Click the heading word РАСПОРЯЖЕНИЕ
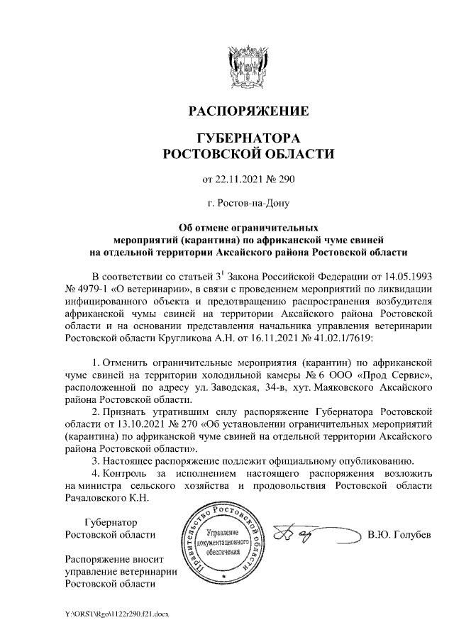[x=248, y=112]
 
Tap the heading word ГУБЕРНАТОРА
[x=248, y=138]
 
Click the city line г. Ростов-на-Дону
[x=248, y=204]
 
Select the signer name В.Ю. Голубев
[x=399, y=534]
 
